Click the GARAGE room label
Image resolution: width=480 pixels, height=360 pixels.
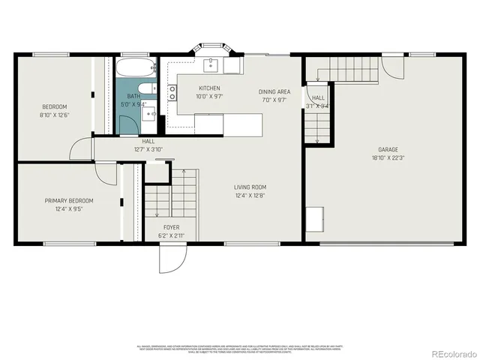point(388,149)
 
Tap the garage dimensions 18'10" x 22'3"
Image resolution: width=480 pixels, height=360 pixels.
point(388,158)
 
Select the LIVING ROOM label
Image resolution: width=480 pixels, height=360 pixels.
point(250,187)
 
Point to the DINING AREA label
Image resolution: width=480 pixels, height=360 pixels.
point(274,91)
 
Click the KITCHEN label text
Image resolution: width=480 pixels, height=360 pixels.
point(209,88)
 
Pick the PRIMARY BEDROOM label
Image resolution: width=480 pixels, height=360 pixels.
point(69,200)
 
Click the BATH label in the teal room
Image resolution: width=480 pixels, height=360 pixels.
point(133,96)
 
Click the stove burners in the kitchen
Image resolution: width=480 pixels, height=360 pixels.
point(172,92)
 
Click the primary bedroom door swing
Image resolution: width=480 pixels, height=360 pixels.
point(107,173)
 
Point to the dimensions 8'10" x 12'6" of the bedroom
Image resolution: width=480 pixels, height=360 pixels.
point(54,115)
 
